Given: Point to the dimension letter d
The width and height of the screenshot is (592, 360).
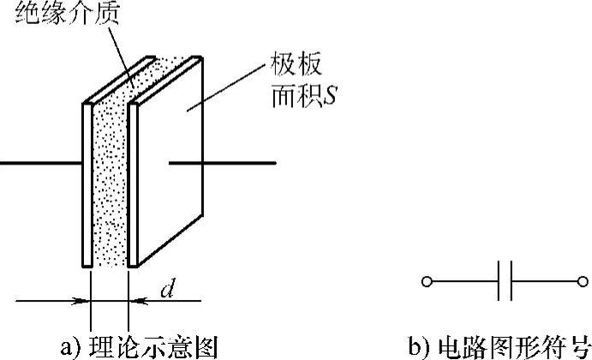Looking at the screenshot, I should tap(167, 291).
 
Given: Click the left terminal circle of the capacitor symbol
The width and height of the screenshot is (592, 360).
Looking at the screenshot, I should tap(427, 280).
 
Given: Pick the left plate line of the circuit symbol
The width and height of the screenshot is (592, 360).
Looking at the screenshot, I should tap(499, 280).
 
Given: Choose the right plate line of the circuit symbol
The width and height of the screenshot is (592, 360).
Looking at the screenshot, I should tap(512, 280).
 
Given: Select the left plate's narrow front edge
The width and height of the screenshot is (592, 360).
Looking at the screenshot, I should tap(87, 184).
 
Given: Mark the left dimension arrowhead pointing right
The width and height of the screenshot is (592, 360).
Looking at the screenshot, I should tap(83, 301).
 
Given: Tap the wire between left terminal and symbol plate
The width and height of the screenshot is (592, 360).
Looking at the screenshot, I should tap(463, 280).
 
